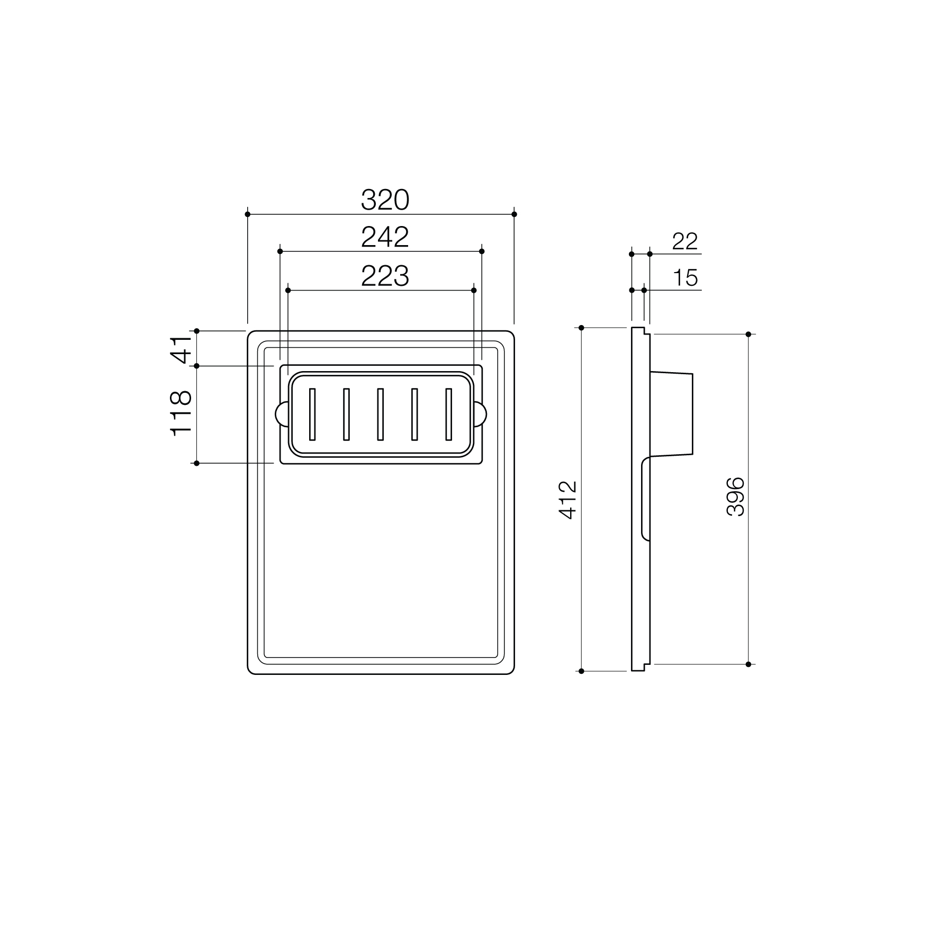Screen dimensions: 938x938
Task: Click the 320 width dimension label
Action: [385, 200]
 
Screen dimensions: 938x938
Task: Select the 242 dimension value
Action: [385, 237]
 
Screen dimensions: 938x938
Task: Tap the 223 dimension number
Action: [385, 276]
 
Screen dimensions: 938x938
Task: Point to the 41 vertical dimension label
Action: [181, 349]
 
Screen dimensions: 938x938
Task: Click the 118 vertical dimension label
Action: [181, 413]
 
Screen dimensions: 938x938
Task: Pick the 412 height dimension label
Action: [567, 500]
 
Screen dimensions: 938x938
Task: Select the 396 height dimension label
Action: [736, 497]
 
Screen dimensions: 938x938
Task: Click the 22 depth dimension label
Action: [685, 241]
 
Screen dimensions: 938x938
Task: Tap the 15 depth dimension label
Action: [686, 278]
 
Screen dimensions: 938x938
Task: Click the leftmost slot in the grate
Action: [312, 414]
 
